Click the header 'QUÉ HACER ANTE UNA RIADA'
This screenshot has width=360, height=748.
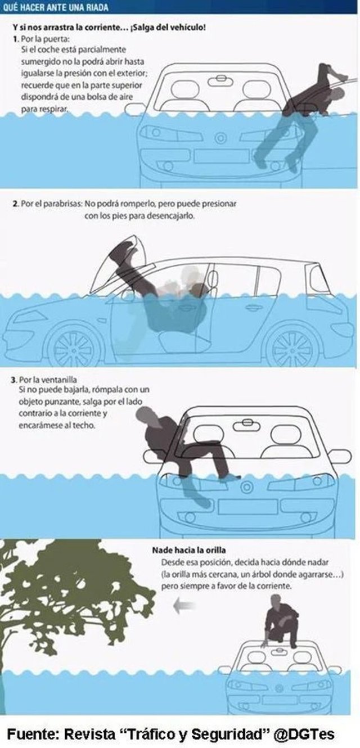pos(56,7)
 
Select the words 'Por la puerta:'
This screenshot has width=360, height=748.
pos(45,39)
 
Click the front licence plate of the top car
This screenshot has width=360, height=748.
pos(222,156)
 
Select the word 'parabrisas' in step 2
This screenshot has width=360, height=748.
pos(63,204)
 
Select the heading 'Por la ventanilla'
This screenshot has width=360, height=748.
pos(48,380)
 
